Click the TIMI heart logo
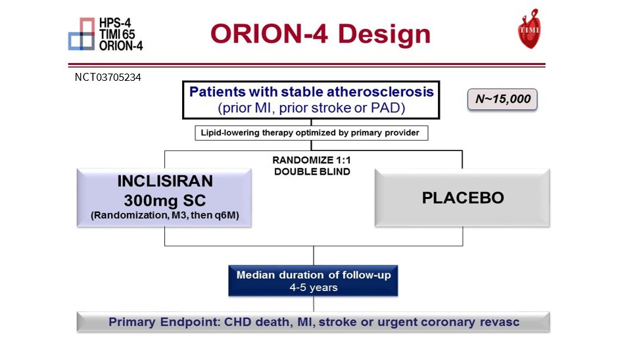tap(529, 29)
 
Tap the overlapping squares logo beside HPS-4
tap(82, 34)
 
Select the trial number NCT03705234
tap(108, 78)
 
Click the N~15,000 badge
tap(502, 99)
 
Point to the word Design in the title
tap(385, 34)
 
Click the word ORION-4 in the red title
tap(269, 34)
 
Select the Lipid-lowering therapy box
tap(312, 133)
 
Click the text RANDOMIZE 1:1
tap(312, 160)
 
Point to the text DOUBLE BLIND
tap(312, 171)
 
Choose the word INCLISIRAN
tap(165, 181)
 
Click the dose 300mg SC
tap(165, 200)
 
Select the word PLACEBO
tap(463, 198)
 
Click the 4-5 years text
tap(314, 288)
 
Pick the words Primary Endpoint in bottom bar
tap(164, 322)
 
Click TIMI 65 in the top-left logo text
tap(117, 34)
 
